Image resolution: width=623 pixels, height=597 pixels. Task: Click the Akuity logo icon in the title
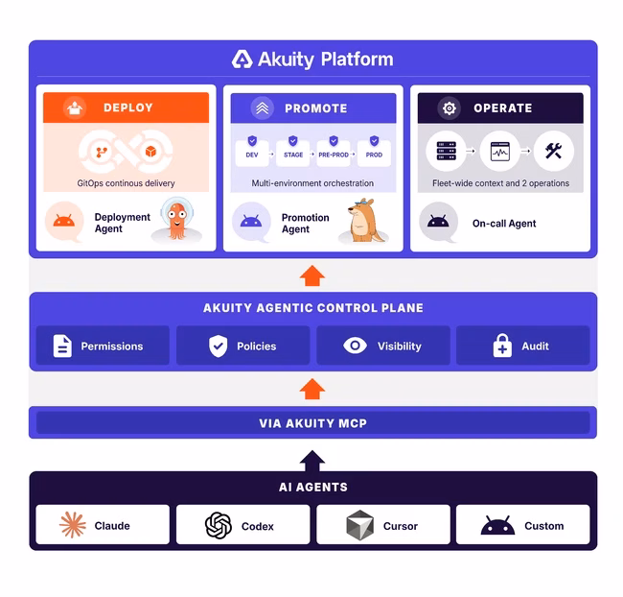[x=242, y=60]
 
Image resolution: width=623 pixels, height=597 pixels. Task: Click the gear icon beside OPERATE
[x=450, y=107]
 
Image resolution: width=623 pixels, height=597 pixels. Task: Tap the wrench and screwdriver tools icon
[x=553, y=151]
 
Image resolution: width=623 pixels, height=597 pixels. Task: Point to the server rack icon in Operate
[x=447, y=151]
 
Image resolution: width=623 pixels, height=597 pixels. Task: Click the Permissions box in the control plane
[x=103, y=346]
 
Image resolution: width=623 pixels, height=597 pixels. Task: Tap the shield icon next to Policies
[x=219, y=346]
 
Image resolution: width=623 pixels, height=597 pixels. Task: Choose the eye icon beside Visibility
[x=355, y=346]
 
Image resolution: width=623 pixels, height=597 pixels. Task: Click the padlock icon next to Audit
[x=502, y=346]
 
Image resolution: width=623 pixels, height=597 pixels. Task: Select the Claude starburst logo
[x=73, y=525]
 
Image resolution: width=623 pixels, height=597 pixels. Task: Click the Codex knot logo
[x=219, y=525]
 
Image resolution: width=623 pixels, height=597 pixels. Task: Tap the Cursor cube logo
[x=360, y=525]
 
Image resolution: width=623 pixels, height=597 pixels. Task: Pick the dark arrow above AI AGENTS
[x=312, y=461]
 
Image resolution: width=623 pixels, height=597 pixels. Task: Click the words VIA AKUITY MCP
[x=313, y=423]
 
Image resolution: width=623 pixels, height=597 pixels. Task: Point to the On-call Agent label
[x=504, y=224]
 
